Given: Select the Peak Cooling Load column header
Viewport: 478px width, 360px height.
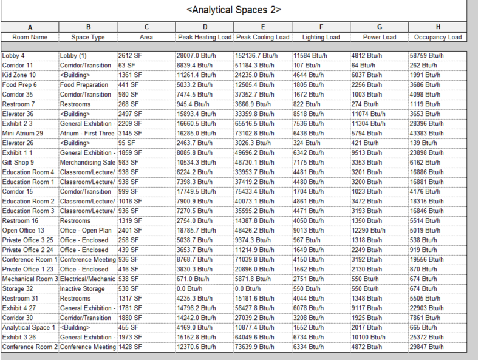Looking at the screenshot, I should click(262, 38).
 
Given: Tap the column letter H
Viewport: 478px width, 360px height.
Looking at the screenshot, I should click(438, 27).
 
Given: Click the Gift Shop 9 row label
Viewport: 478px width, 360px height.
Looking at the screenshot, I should click(18, 162).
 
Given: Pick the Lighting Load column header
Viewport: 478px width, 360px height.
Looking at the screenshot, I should click(321, 38).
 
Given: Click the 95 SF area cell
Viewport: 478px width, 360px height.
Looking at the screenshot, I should click(126, 143).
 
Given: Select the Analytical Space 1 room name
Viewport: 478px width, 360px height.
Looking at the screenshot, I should click(29, 327).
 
